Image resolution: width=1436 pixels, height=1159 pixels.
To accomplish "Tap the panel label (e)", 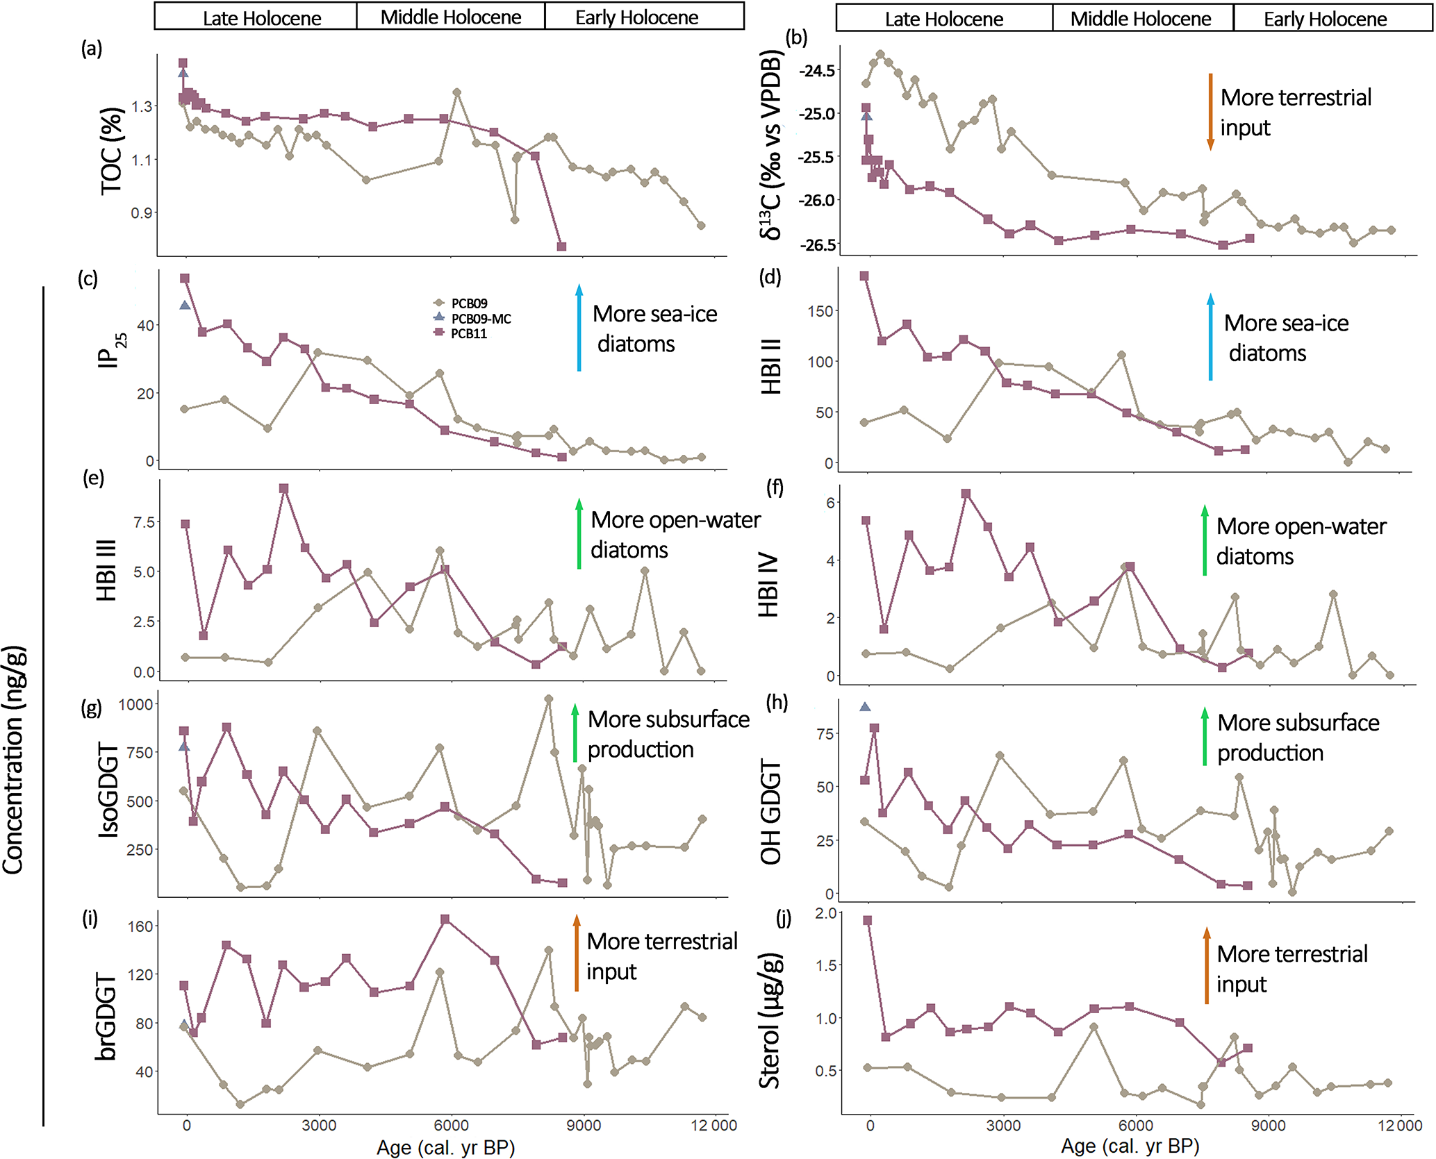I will (x=93, y=478).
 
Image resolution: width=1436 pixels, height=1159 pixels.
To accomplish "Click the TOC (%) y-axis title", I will (x=112, y=151).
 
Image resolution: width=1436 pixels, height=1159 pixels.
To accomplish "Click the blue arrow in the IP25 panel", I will (x=579, y=327).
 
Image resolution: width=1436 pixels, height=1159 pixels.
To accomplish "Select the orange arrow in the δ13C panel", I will (x=1210, y=111).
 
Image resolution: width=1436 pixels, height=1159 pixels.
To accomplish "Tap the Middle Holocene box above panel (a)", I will (x=450, y=17).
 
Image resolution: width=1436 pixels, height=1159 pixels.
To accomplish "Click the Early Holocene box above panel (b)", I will (x=1324, y=19).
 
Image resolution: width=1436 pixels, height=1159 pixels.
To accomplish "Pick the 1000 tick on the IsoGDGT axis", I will (x=135, y=704).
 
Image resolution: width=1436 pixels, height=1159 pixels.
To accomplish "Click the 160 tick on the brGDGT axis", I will (x=140, y=926).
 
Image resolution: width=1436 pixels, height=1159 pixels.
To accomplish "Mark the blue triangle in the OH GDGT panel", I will (x=865, y=707).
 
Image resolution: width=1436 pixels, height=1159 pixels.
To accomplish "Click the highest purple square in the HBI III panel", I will (x=283, y=489).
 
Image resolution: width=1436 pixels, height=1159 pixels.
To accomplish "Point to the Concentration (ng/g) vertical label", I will (x=14, y=760).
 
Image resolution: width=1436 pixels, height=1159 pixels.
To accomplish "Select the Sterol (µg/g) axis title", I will (x=770, y=1021).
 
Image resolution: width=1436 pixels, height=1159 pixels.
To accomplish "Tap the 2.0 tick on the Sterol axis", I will (x=826, y=913).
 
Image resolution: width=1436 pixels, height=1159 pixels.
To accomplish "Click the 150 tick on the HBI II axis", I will (x=820, y=311).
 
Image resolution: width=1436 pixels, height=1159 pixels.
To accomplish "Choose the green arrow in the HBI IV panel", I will (x=1205, y=540).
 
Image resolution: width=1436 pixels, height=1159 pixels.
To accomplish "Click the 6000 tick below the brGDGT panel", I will (x=451, y=1125).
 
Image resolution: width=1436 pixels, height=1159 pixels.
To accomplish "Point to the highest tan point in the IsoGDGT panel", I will (x=549, y=699).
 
